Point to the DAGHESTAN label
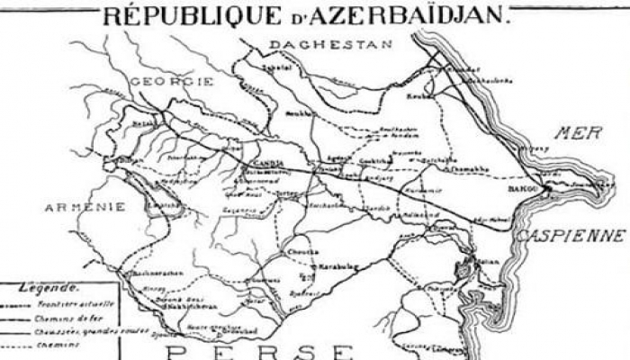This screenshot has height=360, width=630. (x=330, y=44)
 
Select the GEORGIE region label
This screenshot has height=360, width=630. (x=172, y=81)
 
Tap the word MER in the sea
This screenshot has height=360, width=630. (x=576, y=134)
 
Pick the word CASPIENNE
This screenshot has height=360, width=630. (x=570, y=236)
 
